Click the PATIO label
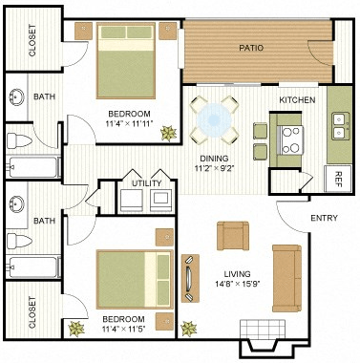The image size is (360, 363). pos(251,48)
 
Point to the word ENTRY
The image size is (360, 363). pos(324,219)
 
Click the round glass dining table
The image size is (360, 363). pos(213,119)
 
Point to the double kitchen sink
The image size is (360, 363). pos(338,121)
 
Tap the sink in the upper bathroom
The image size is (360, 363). pos(17,97)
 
